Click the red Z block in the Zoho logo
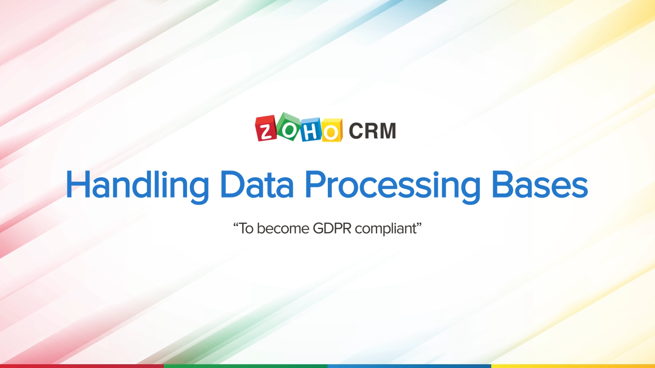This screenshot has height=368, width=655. tap(266, 128)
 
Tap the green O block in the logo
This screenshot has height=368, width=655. tap(289, 127)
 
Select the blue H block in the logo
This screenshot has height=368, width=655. tap(311, 130)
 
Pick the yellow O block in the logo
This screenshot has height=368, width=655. tap(332, 131)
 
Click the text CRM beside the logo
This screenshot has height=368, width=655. tap(372, 131)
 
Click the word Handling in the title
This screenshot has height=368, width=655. tap(137, 185)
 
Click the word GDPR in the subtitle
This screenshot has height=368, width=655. tap(332, 228)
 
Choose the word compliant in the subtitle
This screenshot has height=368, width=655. tap(386, 229)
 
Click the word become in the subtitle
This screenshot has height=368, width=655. tap(283, 228)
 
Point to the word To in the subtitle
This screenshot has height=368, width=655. tap(246, 228)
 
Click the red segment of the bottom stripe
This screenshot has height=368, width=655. tap(82, 366)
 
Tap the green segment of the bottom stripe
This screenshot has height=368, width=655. tap(246, 366)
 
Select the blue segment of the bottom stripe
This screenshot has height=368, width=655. tap(409, 366)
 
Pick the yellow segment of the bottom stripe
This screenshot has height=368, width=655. tap(573, 366)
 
